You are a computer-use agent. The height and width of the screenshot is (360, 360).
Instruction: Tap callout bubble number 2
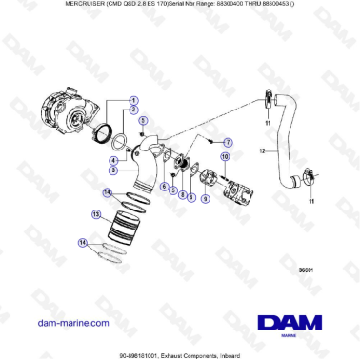pyautogui.click(x=132, y=111)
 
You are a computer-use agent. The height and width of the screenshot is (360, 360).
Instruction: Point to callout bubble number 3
pyautogui.click(x=113, y=171)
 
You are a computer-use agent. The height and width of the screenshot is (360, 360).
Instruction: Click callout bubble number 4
pyautogui.click(x=113, y=158)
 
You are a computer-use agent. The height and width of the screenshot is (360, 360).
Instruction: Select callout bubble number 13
pyautogui.click(x=95, y=215)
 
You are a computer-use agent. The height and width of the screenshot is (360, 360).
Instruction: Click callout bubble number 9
pyautogui.click(x=191, y=198)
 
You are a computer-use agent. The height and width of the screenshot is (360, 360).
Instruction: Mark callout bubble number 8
pyautogui.click(x=181, y=194)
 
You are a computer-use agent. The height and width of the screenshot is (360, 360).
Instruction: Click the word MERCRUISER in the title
pyautogui.click(x=35, y=6)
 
